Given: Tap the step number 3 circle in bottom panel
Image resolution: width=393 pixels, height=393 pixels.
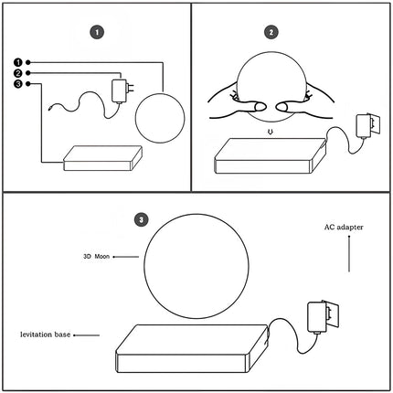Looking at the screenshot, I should point(140,219).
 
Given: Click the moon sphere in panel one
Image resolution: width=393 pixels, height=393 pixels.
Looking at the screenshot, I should point(154,116).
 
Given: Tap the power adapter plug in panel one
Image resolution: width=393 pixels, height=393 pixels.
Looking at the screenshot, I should point(119,90).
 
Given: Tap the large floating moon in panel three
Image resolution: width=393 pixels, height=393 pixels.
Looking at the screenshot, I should point(191,264).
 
